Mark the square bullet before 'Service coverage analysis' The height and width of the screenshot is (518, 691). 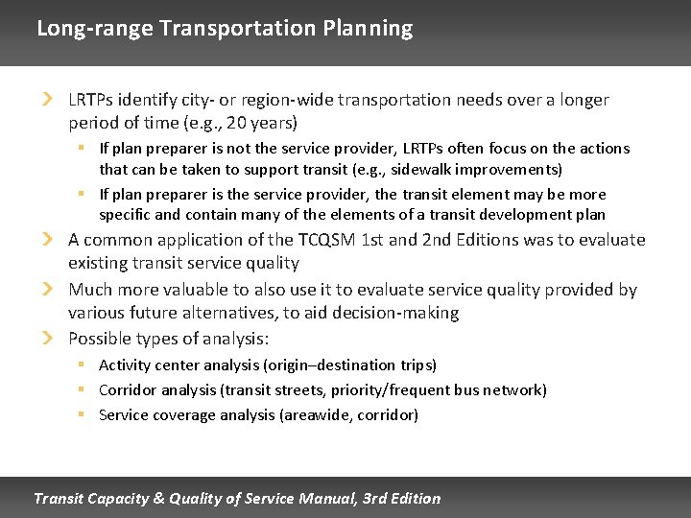(x=83, y=414)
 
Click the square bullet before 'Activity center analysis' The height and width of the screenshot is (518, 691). (x=83, y=365)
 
